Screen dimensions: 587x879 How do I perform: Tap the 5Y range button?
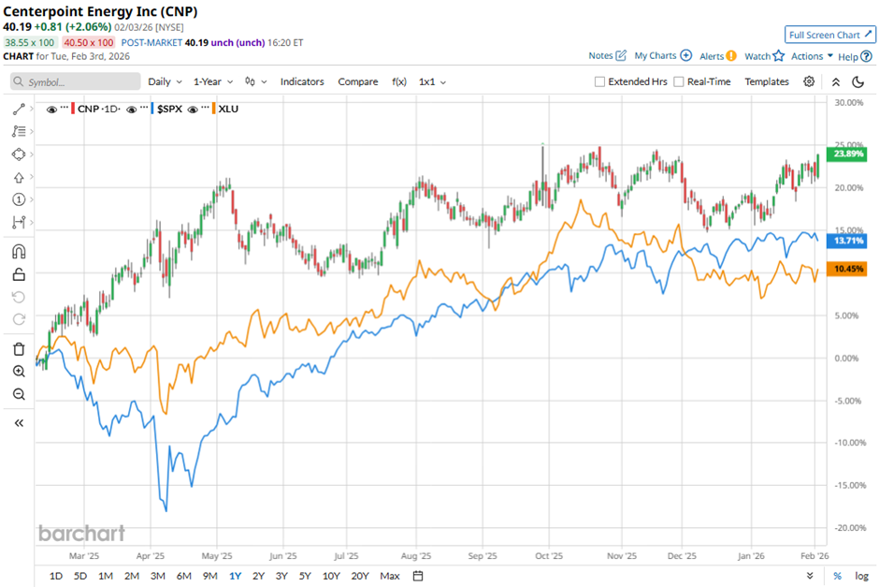305,575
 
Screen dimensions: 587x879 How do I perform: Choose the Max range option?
390,575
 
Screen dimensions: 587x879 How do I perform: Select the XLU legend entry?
227,110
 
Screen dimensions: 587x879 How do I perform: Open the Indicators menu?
302,81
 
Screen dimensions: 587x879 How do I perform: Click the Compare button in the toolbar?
357,81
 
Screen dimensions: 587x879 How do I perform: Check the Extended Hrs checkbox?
599,81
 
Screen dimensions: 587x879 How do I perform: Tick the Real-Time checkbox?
679,81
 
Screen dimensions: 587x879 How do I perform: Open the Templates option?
767,81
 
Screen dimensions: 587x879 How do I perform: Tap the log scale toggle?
860,575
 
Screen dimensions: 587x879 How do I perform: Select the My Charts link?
662,56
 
